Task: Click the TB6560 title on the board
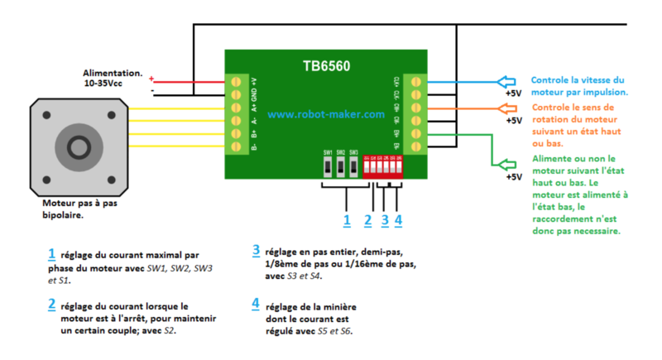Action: (324, 64)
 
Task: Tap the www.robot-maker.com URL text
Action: (326, 115)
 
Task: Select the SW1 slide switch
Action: (328, 166)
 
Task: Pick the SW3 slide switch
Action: (353, 166)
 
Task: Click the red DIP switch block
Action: (383, 167)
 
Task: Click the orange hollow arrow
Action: (509, 108)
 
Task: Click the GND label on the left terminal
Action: (254, 94)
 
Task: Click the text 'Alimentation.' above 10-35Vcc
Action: (113, 74)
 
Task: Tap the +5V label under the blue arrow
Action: (513, 94)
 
